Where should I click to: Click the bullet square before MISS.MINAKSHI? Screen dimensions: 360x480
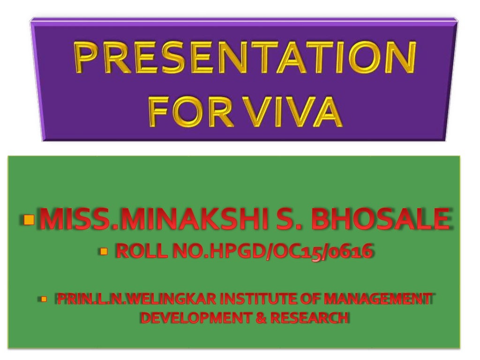coord(29,219)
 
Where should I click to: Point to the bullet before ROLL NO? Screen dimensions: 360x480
coord(104,252)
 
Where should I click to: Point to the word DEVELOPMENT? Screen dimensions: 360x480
coord(192,318)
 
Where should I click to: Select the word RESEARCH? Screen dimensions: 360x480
coord(309,318)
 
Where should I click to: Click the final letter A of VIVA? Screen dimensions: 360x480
coord(325,113)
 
